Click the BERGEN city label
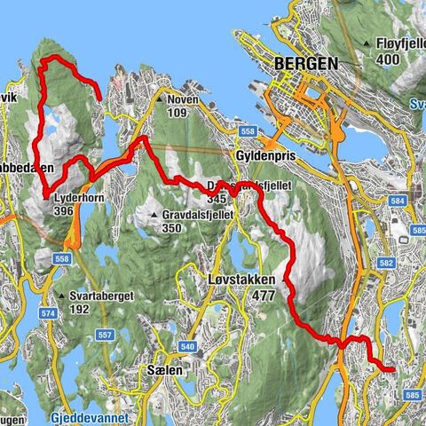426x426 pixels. pyautogui.click(x=306, y=64)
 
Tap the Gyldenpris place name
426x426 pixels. pyautogui.click(x=265, y=153)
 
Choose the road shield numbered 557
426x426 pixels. pyautogui.click(x=104, y=335)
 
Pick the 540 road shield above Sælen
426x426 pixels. pyautogui.click(x=186, y=346)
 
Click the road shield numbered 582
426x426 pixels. pyautogui.click(x=383, y=263)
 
